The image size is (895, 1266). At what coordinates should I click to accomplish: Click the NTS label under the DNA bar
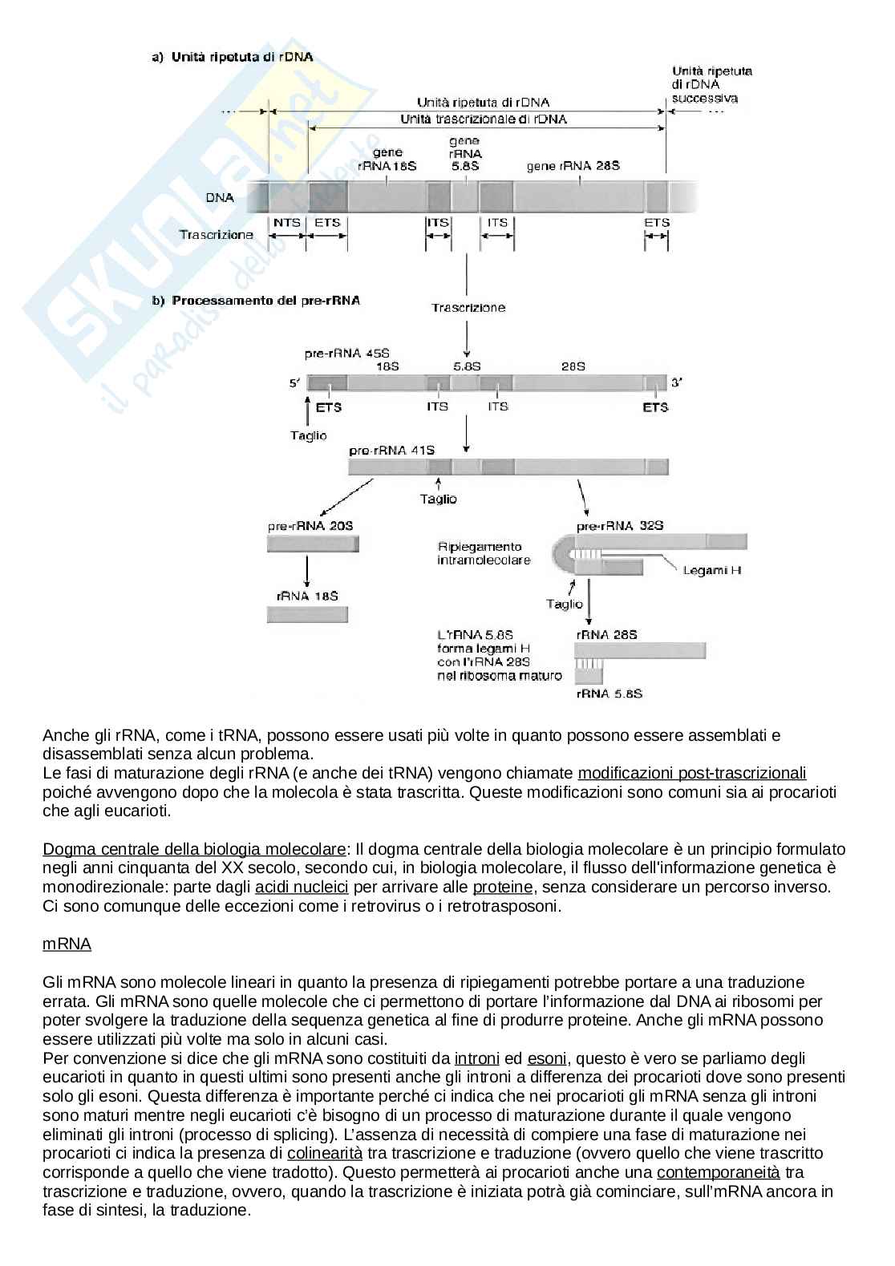point(286,223)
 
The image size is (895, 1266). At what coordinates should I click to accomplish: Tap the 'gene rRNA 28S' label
point(573,166)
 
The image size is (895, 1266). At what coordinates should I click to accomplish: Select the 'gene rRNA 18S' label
point(388,159)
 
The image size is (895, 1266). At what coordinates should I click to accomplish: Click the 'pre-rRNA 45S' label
point(341,353)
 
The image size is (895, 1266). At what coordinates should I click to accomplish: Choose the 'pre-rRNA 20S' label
point(310,526)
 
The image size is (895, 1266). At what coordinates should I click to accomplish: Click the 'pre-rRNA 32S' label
point(619,526)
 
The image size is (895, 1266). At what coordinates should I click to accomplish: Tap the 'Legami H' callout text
point(712,570)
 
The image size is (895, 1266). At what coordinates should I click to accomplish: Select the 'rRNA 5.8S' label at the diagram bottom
point(609,694)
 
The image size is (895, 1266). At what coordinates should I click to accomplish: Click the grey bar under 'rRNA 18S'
point(307,615)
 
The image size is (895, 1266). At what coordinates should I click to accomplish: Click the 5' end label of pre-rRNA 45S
point(294,383)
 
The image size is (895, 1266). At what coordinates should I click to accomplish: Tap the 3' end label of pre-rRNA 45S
point(677,383)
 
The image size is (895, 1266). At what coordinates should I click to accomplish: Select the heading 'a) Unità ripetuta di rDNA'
point(232,57)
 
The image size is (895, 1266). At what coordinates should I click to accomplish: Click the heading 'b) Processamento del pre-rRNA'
point(256,301)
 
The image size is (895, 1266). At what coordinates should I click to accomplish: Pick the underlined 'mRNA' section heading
point(67,944)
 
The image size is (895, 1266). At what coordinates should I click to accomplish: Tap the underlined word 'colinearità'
point(325,1153)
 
